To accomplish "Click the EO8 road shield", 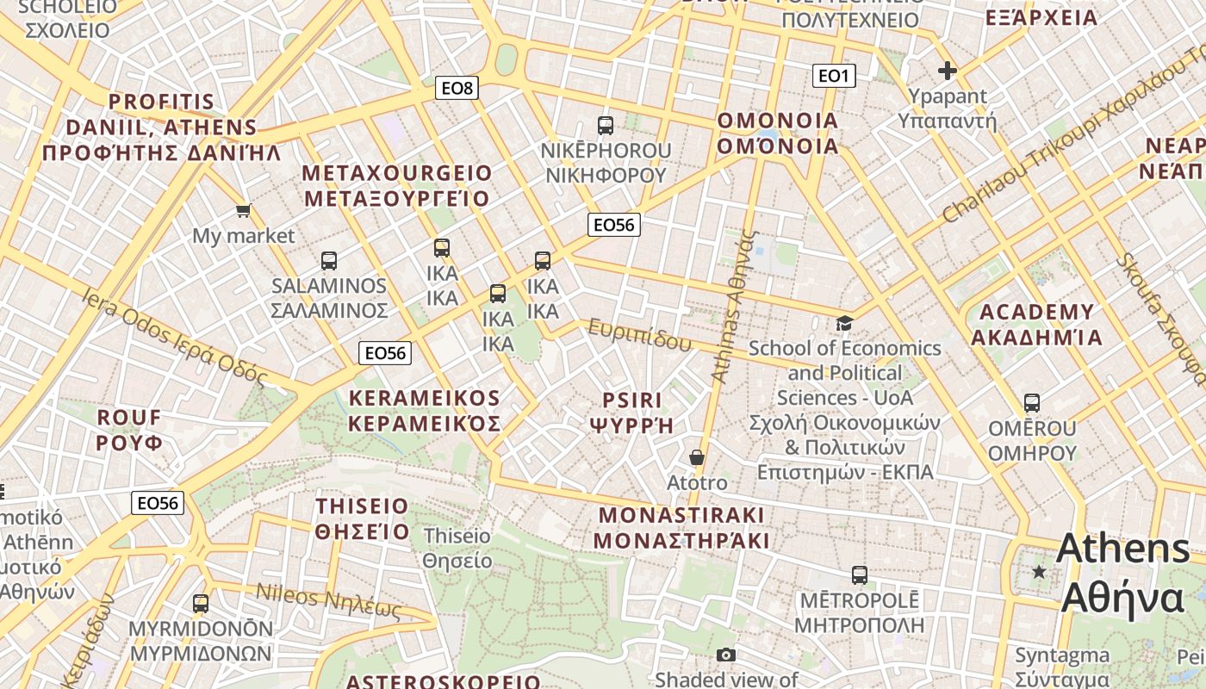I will coord(457,88).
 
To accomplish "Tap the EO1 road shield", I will coord(833,76).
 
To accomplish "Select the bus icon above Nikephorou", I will coord(606,126).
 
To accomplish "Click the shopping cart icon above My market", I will coord(244,210).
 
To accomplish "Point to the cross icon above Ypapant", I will coord(948,71).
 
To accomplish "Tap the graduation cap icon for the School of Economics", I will coord(844,323).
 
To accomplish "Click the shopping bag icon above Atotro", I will coord(696,457).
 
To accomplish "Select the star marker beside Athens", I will coord(1040,571).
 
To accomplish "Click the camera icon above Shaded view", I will coord(726,655).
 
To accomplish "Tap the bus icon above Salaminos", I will coord(328,260).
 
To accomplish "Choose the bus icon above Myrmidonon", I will coord(201,603).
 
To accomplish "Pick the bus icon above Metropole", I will coord(859,574).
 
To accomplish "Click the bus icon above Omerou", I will coord(1031,402).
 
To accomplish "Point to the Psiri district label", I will coord(631,413).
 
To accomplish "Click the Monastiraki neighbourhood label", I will coord(681,528).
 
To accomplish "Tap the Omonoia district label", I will coord(778,133).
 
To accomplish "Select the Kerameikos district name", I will coord(424,411).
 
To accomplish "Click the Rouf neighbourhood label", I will coord(129,430).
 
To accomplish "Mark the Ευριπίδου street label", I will coord(639,335).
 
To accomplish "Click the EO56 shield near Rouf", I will coord(158,503).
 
